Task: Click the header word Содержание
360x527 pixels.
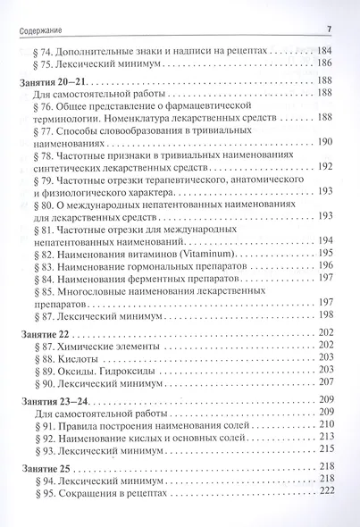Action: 43,12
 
